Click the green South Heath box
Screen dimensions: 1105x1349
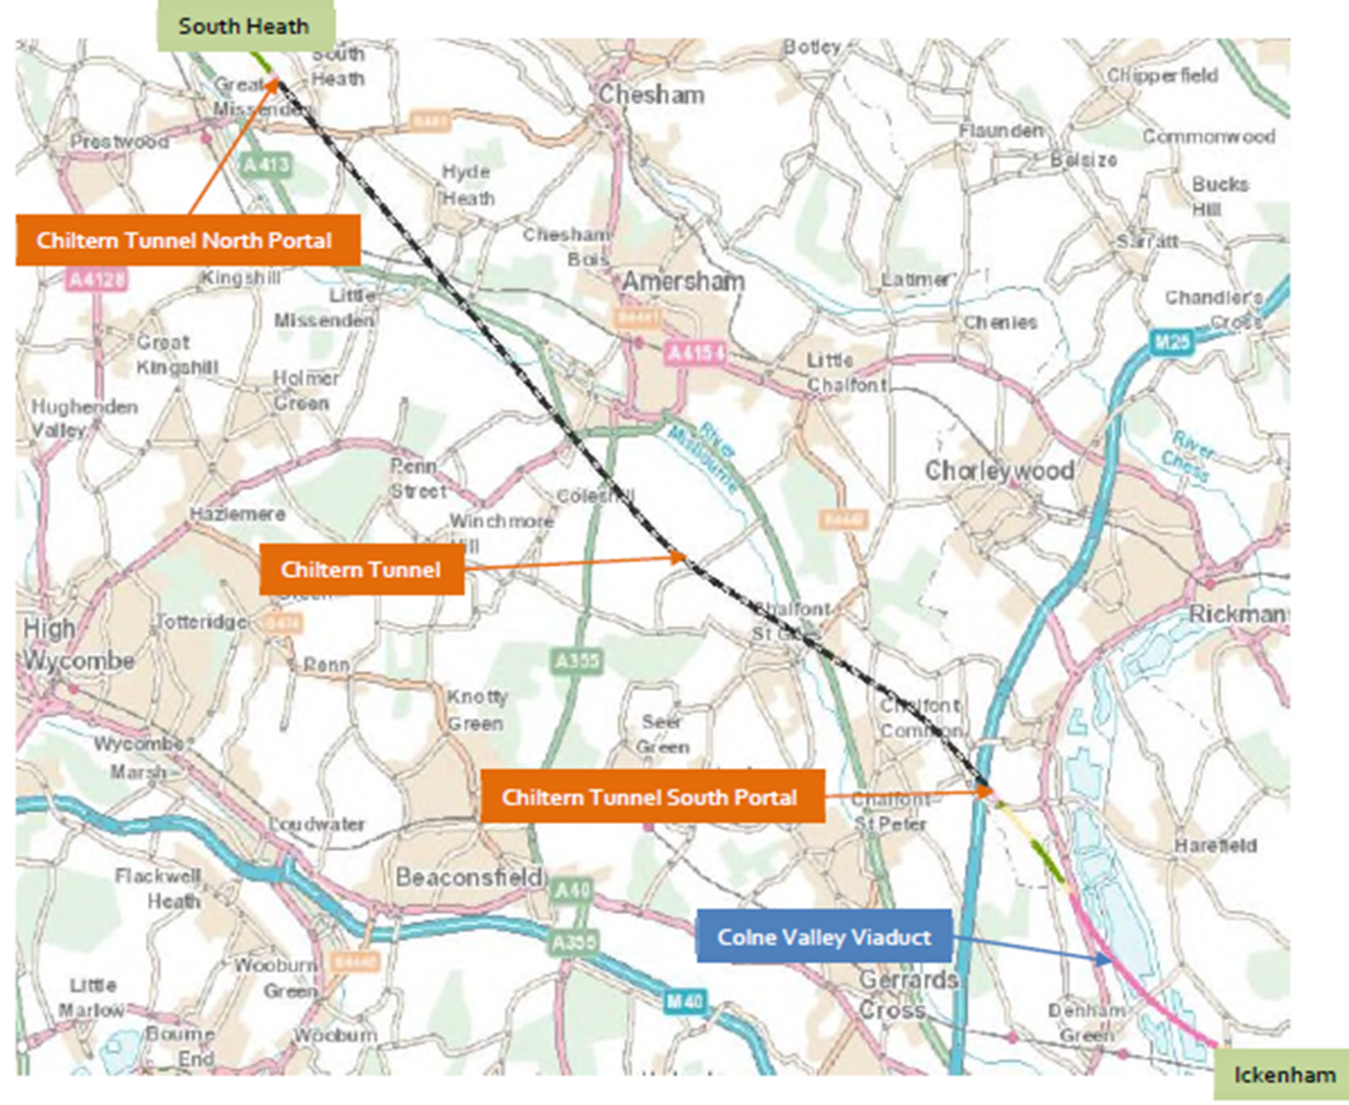tap(245, 26)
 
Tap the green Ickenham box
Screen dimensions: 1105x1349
tap(1283, 1075)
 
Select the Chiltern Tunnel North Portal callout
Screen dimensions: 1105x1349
tap(186, 241)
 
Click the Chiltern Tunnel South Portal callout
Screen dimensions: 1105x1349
tap(650, 797)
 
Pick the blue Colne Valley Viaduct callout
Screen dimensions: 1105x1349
tap(824, 937)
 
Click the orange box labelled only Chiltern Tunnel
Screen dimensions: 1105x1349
tap(361, 570)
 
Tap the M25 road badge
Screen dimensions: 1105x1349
tap(1171, 342)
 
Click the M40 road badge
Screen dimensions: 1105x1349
tap(685, 1001)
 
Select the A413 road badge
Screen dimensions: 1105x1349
tap(265, 165)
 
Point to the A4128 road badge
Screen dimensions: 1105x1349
tap(97, 280)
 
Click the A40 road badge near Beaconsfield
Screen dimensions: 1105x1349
tap(572, 890)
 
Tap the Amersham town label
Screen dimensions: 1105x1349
tap(683, 282)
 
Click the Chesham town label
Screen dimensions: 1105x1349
tap(651, 95)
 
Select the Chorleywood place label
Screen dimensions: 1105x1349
tap(999, 471)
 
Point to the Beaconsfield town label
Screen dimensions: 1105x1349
tap(468, 877)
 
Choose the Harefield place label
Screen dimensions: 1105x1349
tap(1215, 845)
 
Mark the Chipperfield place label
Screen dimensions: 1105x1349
tap(1162, 75)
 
